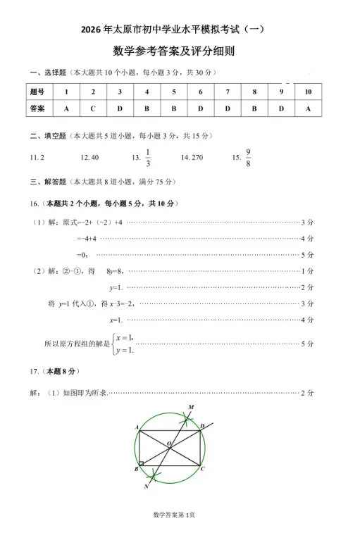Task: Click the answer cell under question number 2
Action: pyautogui.click(x=92, y=109)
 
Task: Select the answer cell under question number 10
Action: pyautogui.click(x=308, y=109)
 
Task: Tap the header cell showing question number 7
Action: pyautogui.click(x=228, y=92)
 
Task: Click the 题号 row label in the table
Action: pyautogui.click(x=37, y=92)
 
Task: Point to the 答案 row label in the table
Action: pyautogui.click(x=37, y=109)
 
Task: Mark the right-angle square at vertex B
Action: pyautogui.click(x=142, y=464)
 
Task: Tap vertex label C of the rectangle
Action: pyautogui.click(x=203, y=468)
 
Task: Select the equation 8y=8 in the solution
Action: pyautogui.click(x=116, y=271)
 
